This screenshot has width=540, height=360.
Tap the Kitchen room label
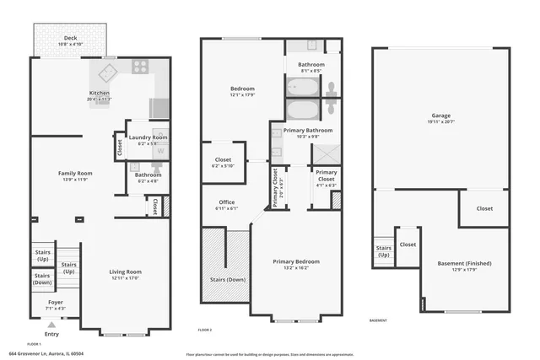[x=100, y=93]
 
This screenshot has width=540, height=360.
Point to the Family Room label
[x=74, y=173]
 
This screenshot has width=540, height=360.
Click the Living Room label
[x=126, y=272]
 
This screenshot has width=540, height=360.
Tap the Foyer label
[x=55, y=302]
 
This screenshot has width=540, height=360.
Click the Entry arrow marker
[x=52, y=324]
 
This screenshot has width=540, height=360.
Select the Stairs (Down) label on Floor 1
[x=42, y=279]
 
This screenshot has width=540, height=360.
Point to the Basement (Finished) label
[x=464, y=264]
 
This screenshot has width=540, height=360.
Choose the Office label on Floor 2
[x=226, y=201]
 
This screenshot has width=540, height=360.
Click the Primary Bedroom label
[x=295, y=261]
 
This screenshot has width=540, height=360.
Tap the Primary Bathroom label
[x=306, y=131]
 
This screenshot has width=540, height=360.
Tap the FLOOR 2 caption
[x=205, y=330]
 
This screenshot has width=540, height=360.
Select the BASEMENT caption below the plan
[x=379, y=320]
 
